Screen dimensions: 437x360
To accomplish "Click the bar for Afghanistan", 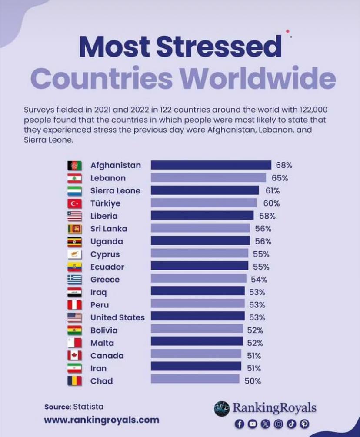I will (x=211, y=165).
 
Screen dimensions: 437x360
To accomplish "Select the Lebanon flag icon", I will (x=74, y=178).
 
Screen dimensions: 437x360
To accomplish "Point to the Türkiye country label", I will (x=105, y=203).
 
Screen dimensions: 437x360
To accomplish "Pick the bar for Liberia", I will (x=202, y=216).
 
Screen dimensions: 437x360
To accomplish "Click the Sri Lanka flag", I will (x=74, y=229).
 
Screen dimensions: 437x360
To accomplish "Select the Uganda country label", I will (x=107, y=241).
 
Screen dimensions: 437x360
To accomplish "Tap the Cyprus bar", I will (x=200, y=254).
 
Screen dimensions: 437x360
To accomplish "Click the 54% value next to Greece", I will (x=259, y=279).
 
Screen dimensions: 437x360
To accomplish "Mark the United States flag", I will (x=74, y=317).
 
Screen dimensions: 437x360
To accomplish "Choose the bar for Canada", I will (x=196, y=355).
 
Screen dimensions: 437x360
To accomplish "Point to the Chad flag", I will (x=74, y=381).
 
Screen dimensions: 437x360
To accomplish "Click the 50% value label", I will (x=252, y=381).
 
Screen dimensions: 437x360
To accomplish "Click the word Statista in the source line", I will (x=88, y=407).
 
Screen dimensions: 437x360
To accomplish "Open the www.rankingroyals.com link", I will (x=101, y=420).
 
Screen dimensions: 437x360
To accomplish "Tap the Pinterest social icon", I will (x=305, y=423).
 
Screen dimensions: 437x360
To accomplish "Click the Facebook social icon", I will (x=239, y=423).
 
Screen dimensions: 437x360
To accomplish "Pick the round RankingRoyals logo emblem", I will (x=222, y=408).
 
